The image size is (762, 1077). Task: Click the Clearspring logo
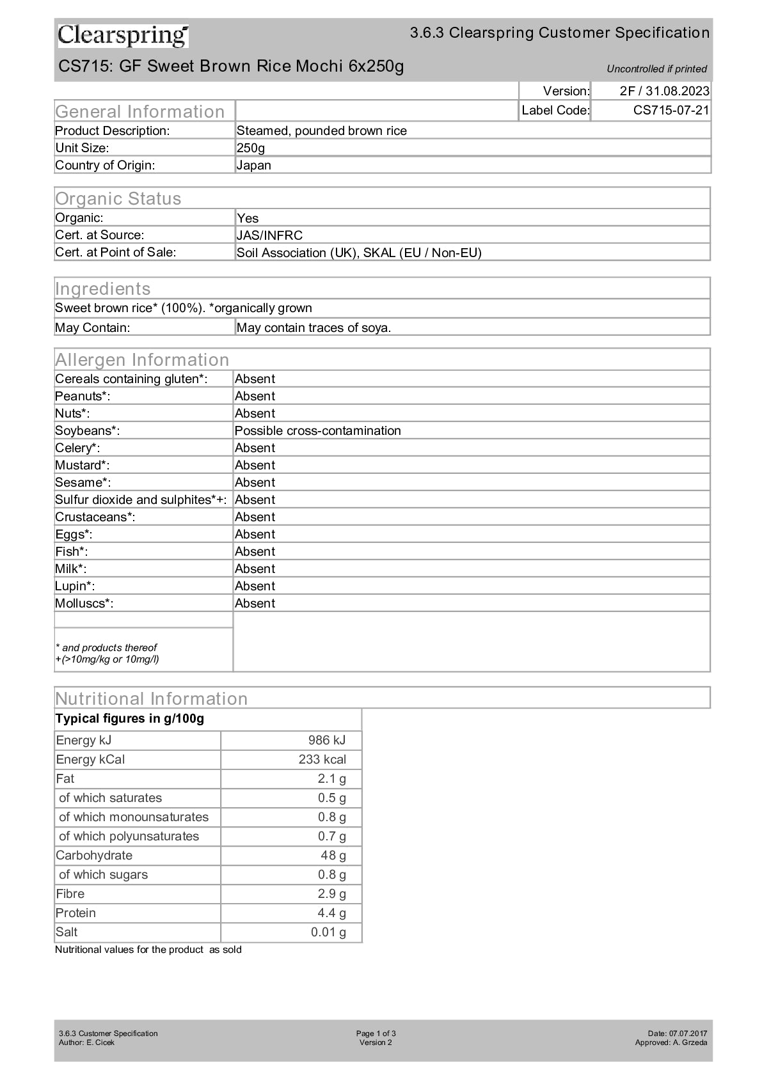(x=123, y=36)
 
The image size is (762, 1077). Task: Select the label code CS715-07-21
(x=671, y=110)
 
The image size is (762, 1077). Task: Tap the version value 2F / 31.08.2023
(x=664, y=91)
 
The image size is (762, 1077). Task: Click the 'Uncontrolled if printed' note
(x=656, y=69)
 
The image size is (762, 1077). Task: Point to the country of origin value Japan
(x=254, y=165)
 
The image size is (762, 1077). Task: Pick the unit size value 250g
(x=251, y=148)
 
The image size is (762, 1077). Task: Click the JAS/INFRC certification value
(x=269, y=235)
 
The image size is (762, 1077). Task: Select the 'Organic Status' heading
(x=118, y=198)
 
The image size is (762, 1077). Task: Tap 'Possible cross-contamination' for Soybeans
(x=317, y=430)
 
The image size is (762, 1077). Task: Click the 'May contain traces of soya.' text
(x=314, y=328)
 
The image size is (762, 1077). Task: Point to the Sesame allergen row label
(x=83, y=482)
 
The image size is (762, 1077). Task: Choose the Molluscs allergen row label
(x=84, y=603)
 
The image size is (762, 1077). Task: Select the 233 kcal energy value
(x=322, y=759)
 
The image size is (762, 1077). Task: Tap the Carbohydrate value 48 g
(x=333, y=855)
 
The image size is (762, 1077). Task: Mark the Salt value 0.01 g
(x=328, y=932)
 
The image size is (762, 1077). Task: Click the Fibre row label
(x=70, y=893)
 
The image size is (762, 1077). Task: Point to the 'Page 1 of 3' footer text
(x=376, y=1034)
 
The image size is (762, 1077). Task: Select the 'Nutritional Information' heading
(x=152, y=698)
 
